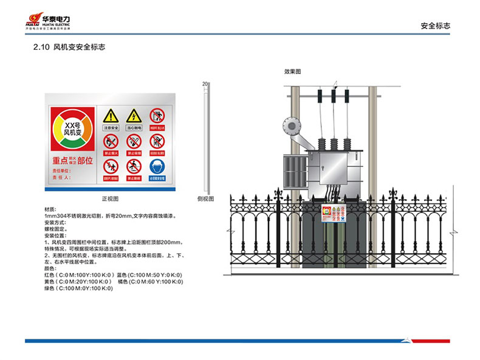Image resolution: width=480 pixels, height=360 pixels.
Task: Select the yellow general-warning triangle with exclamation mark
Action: coord(110,115)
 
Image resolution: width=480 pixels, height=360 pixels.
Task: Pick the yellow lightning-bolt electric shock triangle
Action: coord(134,115)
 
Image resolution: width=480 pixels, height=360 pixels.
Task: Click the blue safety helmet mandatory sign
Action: coord(157,166)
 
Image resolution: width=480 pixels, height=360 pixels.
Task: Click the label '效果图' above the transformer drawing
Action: coord(292,72)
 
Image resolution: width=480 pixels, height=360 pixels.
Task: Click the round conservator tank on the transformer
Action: coord(290,126)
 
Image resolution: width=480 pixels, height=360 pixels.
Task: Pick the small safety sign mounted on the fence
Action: coord(333,217)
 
